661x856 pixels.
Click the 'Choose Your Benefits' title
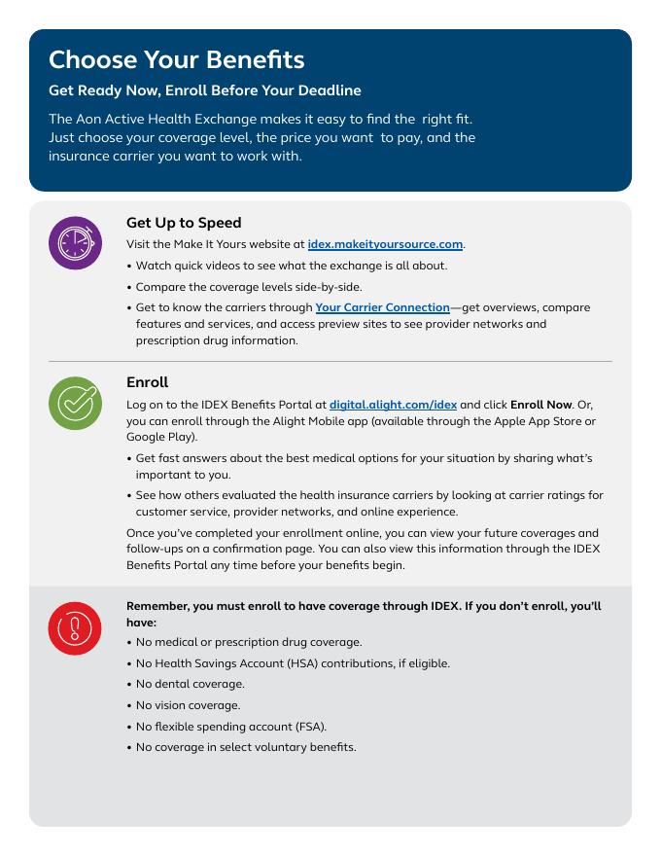(x=176, y=59)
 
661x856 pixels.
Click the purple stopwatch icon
(x=75, y=242)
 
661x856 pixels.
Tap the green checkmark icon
(x=75, y=403)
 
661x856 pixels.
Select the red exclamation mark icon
(x=75, y=628)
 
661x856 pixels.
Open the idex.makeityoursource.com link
(x=385, y=244)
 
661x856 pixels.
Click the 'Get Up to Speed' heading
(x=184, y=223)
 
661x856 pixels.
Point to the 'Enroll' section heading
(x=147, y=382)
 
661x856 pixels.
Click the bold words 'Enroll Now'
(x=542, y=404)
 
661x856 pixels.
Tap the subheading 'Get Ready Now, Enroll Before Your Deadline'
(x=205, y=90)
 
